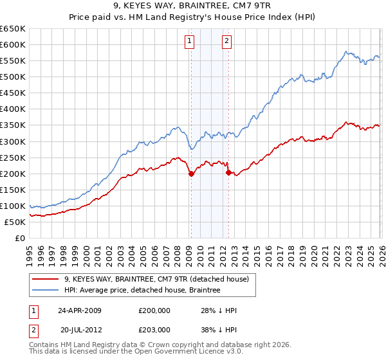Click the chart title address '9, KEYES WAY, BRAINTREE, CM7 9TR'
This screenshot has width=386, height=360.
pos(193,6)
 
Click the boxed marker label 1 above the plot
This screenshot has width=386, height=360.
pos(190,41)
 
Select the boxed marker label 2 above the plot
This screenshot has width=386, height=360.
pos(227,41)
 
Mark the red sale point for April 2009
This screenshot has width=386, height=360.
pos(191,174)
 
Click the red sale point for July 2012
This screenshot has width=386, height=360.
pos(228,172)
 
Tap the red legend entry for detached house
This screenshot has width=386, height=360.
pos(161,278)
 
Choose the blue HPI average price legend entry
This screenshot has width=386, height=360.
pos(142,290)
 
